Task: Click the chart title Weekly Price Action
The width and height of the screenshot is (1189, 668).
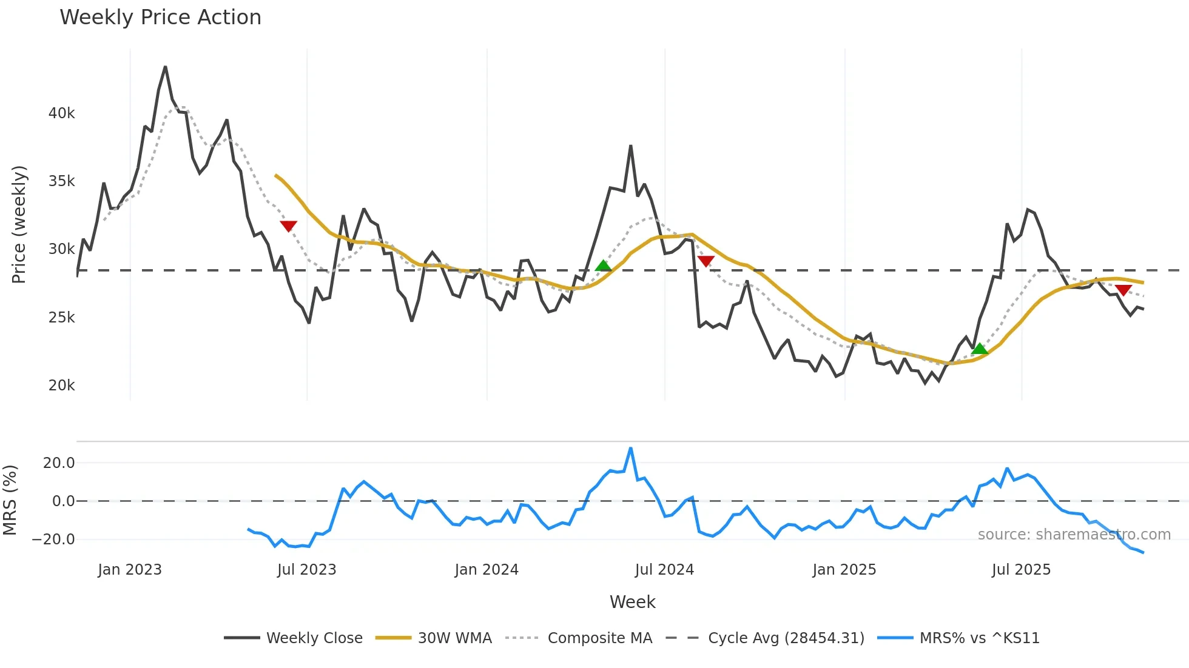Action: click(x=160, y=18)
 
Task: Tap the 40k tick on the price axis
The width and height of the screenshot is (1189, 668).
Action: click(x=61, y=113)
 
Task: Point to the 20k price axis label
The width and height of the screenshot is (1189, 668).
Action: click(x=61, y=386)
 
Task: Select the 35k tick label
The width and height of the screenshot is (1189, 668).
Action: click(x=61, y=181)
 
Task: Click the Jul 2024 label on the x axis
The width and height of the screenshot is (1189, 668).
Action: click(x=664, y=570)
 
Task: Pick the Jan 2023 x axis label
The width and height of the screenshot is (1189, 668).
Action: click(x=130, y=570)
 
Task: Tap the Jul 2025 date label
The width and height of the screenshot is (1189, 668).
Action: click(x=1021, y=570)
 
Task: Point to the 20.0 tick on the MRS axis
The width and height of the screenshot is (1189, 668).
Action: click(x=59, y=463)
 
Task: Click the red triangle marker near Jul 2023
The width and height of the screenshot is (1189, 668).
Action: click(x=288, y=226)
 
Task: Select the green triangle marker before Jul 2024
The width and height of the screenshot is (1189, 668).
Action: click(x=603, y=266)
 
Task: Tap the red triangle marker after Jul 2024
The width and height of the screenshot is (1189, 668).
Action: click(x=706, y=261)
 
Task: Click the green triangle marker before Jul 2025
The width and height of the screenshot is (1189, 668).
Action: click(x=979, y=349)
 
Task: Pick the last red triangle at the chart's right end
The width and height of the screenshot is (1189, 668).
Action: click(x=1123, y=290)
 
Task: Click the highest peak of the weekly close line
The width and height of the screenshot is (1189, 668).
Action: click(x=165, y=67)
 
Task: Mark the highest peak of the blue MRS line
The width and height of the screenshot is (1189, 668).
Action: click(x=631, y=449)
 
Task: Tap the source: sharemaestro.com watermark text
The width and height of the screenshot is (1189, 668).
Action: click(x=1074, y=535)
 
